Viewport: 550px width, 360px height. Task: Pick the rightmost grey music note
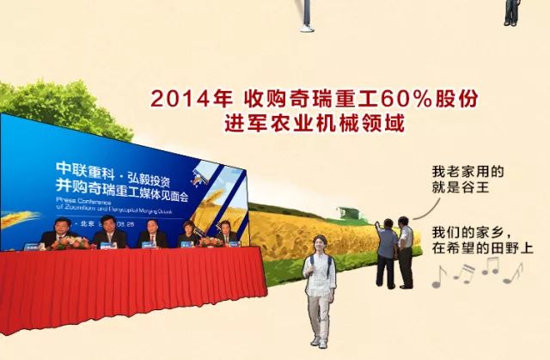coord(513,272)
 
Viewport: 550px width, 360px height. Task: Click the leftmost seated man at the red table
coord(58,233)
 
